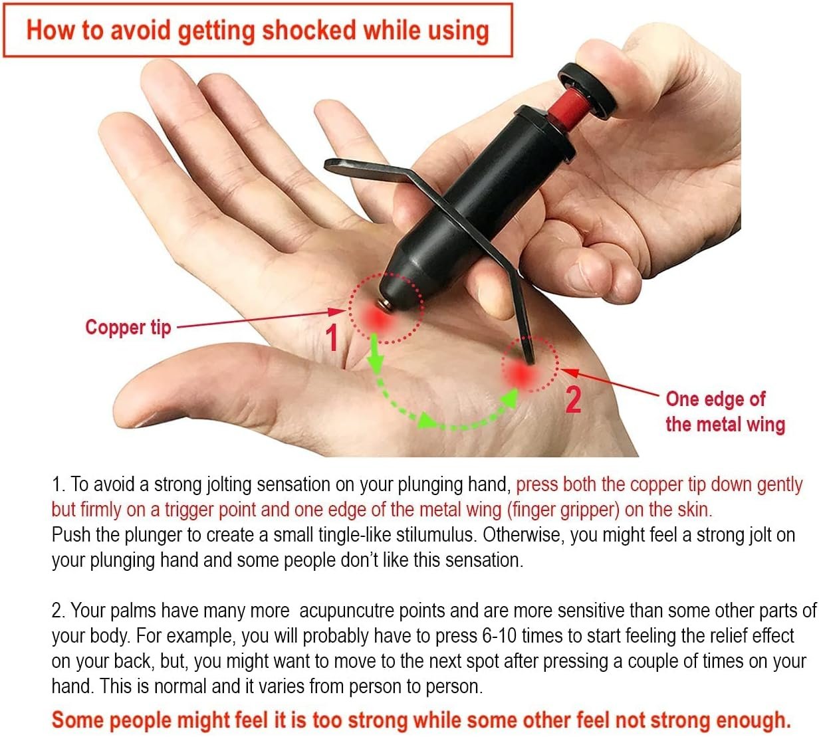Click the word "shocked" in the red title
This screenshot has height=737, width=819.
click(x=308, y=30)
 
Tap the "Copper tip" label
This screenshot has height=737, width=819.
click(x=128, y=328)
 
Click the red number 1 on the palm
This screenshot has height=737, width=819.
click(x=332, y=337)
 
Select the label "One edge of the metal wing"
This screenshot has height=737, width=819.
click(x=725, y=411)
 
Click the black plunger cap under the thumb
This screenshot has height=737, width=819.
click(x=588, y=90)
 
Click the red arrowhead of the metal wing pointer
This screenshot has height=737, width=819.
click(x=570, y=372)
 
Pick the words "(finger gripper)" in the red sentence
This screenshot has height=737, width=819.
click(x=563, y=510)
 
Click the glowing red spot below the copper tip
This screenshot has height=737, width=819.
click(x=380, y=319)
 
